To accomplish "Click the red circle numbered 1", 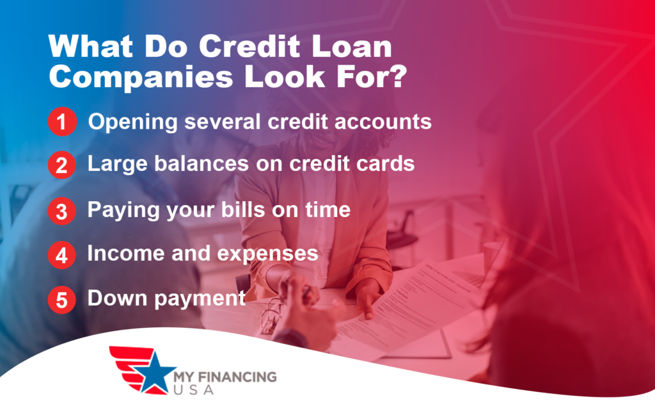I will click(x=61, y=122).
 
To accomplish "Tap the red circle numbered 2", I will click(x=61, y=166).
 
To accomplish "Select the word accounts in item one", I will click(x=381, y=122).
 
